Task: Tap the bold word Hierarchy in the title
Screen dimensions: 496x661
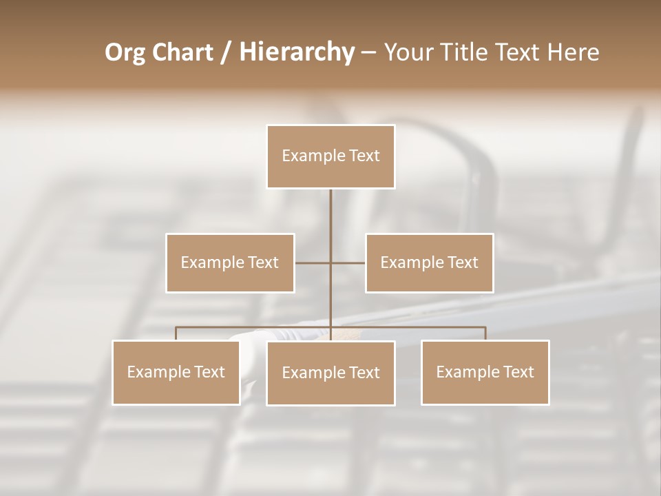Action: [296, 52]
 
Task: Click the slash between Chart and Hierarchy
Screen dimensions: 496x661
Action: [226, 52]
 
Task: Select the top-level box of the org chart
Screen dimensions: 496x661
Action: [330, 156]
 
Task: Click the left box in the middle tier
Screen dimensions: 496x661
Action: [230, 262]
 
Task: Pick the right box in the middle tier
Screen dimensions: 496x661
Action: [429, 262]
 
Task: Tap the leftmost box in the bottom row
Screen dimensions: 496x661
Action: [176, 372]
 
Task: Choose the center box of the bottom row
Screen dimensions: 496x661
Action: [330, 373]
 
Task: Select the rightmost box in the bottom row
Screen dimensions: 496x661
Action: [485, 372]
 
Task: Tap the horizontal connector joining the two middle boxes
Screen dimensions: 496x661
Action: [313, 262]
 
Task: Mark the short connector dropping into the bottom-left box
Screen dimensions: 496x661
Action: [176, 333]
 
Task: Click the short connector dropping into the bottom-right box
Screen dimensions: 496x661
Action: [485, 333]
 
